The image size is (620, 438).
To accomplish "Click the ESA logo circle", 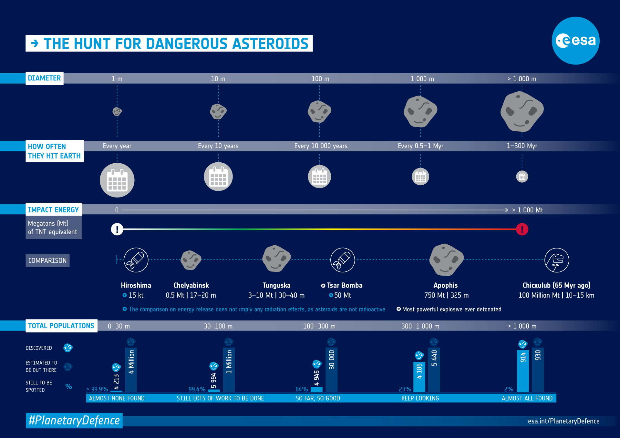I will [575, 41].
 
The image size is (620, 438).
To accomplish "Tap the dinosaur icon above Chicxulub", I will [557, 260].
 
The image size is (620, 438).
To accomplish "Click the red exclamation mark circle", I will [522, 229].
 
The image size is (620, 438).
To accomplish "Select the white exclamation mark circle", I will [117, 229].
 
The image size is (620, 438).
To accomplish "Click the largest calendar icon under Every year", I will [117, 180].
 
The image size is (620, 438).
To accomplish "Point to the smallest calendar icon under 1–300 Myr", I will [522, 177].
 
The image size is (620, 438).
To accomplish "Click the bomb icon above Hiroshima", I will [136, 260].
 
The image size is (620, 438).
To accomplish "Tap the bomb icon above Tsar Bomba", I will [342, 260].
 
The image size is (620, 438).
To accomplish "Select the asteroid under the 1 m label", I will [117, 112].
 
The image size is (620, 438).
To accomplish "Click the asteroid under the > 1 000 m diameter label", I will [522, 112].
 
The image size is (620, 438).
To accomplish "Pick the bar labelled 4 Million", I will [131, 370].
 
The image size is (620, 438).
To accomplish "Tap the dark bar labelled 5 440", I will [434, 370].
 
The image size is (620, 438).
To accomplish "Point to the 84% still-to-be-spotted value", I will [302, 389].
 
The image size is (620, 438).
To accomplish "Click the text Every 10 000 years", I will [321, 146].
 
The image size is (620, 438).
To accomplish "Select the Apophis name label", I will [445, 285].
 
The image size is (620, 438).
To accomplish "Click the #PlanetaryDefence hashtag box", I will [74, 421].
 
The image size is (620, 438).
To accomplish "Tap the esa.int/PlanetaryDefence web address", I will [563, 421].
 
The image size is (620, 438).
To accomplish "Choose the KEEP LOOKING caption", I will [420, 398].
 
